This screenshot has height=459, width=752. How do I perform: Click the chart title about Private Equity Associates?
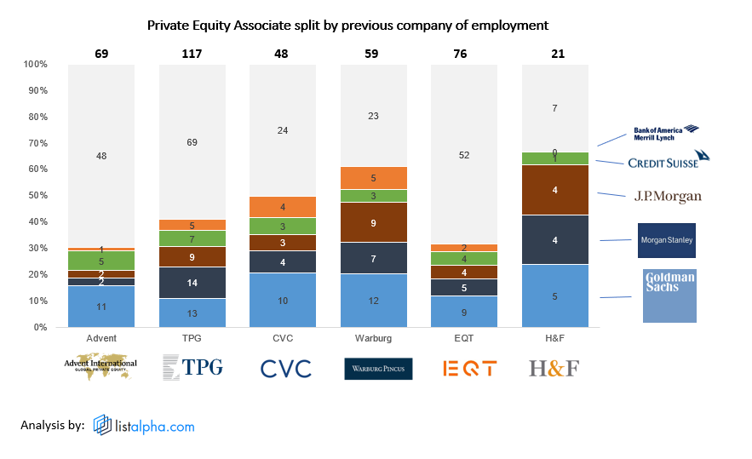(347, 26)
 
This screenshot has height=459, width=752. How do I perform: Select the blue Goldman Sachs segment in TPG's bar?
(192, 313)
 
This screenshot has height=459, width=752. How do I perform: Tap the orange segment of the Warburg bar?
(373, 178)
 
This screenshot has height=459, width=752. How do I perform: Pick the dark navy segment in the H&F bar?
(554, 240)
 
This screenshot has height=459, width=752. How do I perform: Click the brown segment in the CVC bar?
(283, 243)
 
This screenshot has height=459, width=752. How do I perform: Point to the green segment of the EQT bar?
(464, 259)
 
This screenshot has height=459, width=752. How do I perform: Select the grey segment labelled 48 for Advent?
(101, 156)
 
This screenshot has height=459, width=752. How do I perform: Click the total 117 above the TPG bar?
(192, 54)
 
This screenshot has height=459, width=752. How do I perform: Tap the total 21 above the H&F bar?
(554, 54)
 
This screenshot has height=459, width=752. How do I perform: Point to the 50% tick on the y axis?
(37, 196)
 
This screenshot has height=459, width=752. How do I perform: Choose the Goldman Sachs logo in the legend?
(669, 295)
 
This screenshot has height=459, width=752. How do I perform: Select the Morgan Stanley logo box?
(667, 240)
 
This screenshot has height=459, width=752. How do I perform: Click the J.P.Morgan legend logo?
(668, 197)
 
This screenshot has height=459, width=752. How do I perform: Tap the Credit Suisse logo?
(668, 160)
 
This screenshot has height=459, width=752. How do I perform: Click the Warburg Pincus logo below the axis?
(378, 369)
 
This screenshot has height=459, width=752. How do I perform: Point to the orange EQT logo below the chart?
(469, 369)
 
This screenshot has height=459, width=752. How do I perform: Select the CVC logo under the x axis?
(286, 369)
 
